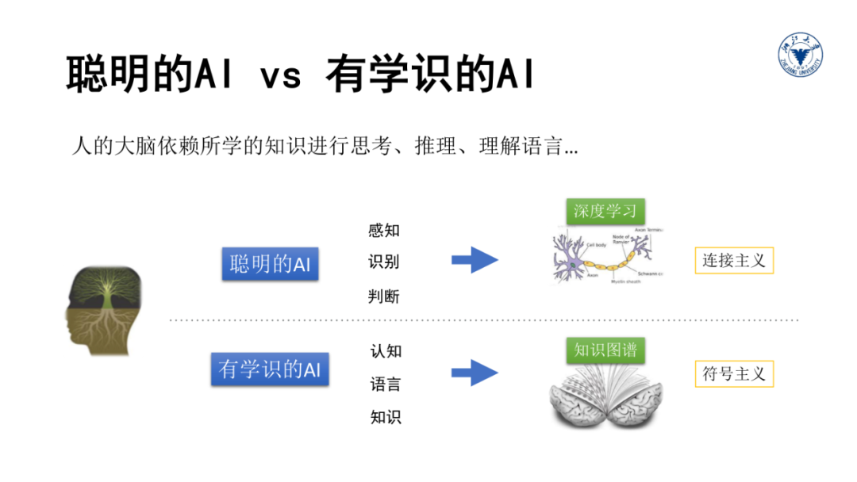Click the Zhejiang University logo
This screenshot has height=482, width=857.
[x=800, y=58]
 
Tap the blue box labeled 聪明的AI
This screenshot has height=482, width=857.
[x=270, y=264]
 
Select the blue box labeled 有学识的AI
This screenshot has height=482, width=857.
[x=270, y=369]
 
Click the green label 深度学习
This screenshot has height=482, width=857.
[x=605, y=212]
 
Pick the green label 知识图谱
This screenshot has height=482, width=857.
[x=605, y=350]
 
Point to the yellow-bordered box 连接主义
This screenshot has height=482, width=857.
[x=734, y=260]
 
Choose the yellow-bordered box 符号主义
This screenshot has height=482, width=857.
[x=734, y=373]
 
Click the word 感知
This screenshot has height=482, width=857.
[x=384, y=231]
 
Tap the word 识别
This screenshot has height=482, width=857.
[x=384, y=263]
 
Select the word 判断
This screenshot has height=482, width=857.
[x=384, y=296]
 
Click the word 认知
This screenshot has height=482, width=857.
[x=386, y=351]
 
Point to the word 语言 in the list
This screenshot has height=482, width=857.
[x=386, y=384]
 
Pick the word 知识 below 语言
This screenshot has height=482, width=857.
[x=386, y=417]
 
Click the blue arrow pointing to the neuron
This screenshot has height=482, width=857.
[x=475, y=259]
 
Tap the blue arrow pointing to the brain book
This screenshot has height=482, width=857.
[x=475, y=372]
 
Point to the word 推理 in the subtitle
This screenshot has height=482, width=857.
[x=433, y=147]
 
